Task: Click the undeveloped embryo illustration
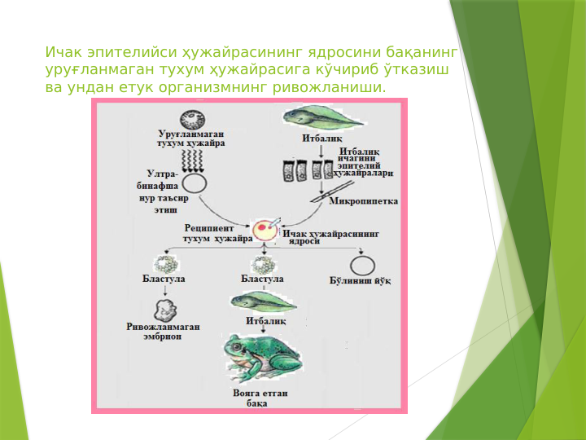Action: click(x=165, y=309)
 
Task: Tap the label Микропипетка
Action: click(x=363, y=201)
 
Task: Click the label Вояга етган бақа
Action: click(x=260, y=398)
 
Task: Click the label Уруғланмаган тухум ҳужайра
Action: click(x=190, y=139)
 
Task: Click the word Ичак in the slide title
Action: click(x=63, y=53)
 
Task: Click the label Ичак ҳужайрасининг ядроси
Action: click(x=331, y=237)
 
